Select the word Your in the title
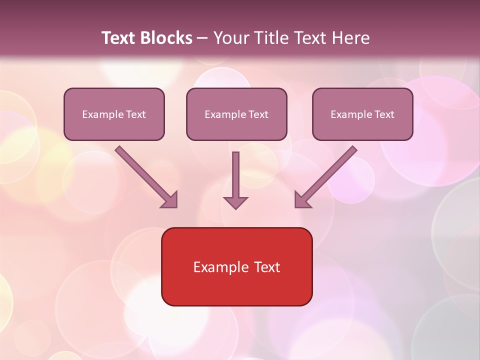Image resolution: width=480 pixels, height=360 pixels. (230, 38)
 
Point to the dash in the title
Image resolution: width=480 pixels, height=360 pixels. (202, 38)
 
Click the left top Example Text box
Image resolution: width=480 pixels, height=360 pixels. (114, 114)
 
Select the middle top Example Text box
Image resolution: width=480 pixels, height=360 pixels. (236, 114)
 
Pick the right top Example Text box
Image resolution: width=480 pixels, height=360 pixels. (362, 114)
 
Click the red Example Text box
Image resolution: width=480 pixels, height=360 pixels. (236, 266)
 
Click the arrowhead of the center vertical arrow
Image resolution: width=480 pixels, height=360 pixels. (235, 202)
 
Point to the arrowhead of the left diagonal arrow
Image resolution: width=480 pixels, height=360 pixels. (170, 200)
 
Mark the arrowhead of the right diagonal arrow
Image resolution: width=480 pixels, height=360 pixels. (302, 200)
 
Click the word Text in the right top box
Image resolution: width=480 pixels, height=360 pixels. (384, 114)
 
